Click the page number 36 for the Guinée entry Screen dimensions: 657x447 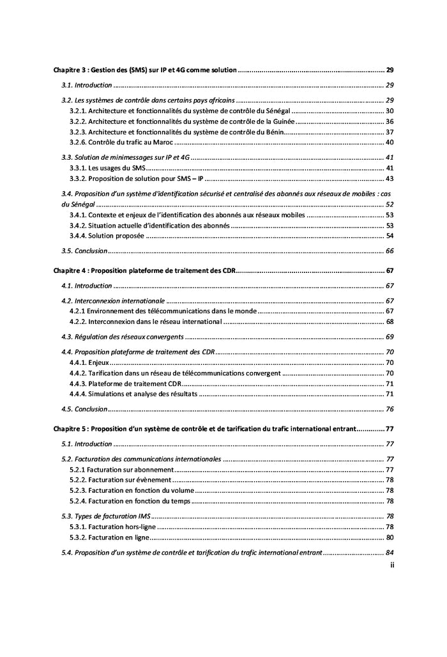coord(389,121)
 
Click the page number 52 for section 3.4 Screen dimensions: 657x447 coord(389,205)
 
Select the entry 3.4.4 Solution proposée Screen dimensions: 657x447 coord(107,236)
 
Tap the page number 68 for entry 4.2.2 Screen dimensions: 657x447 coord(389,321)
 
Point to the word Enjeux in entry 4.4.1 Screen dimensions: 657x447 coord(99,362)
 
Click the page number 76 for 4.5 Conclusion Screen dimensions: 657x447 coord(389,409)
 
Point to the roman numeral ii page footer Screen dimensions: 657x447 coord(391,566)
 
